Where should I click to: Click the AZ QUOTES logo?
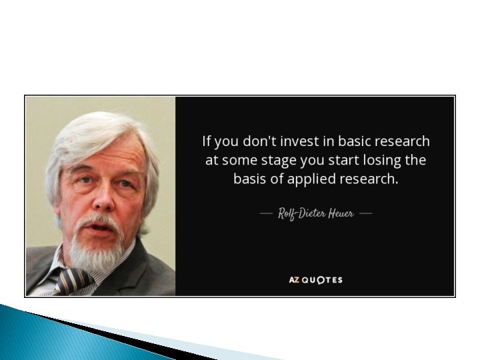[x=315, y=279]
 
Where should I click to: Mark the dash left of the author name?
[x=265, y=214]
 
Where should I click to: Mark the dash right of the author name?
[x=365, y=214]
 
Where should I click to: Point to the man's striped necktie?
[x=74, y=280]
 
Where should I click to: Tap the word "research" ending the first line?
[x=403, y=141]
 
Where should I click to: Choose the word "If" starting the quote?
[x=207, y=141]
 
